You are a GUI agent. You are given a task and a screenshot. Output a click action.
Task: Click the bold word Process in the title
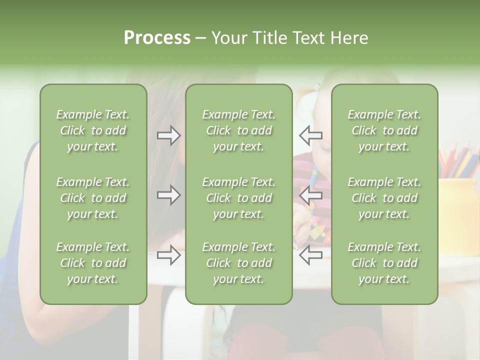pos(157,38)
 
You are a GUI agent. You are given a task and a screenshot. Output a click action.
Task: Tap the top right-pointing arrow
pos(169,135)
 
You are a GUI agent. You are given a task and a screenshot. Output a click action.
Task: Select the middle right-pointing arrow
pos(169,195)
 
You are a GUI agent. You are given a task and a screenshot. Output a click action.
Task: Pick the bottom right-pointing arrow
pos(169,255)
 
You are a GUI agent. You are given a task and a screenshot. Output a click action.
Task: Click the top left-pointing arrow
pos(310,135)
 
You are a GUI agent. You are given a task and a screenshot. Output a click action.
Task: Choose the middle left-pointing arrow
pos(310,195)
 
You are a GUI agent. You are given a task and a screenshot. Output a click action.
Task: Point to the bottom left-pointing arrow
pos(310,255)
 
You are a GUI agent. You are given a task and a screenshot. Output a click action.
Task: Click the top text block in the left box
pos(93,130)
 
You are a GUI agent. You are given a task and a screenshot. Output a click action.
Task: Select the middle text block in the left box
pos(93,198)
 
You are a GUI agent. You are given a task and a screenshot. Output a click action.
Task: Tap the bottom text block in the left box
pos(93,263)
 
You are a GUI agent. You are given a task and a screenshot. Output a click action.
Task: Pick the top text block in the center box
pos(238,130)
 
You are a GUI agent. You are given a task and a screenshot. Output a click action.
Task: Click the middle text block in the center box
pos(238,198)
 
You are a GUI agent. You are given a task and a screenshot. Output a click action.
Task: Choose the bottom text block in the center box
pos(238,263)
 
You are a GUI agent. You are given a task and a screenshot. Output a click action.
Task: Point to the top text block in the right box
pos(384,130)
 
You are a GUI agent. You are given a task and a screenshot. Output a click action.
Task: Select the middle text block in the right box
pos(384,198)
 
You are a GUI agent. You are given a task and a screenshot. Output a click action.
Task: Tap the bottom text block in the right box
pos(384,263)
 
